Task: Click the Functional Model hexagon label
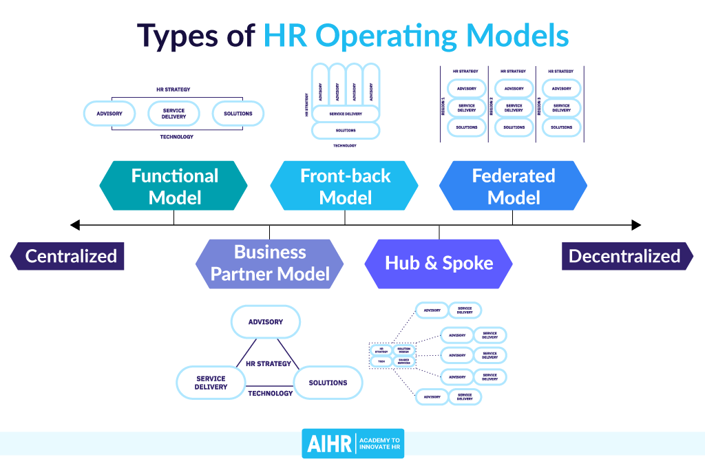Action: [x=173, y=186]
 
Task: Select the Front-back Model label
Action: [x=344, y=186]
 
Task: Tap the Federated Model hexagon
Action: [x=513, y=186]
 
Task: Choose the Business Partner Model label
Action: [x=269, y=263]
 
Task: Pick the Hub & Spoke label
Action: [x=439, y=263]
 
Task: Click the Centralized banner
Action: [x=69, y=256]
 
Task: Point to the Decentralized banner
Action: [x=627, y=256]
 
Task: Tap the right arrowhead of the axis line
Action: [x=636, y=224]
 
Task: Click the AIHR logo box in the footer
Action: [x=328, y=443]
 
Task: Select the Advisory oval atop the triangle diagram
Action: [x=266, y=321]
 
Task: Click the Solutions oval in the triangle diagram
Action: [x=328, y=382]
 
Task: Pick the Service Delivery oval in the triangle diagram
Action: [x=211, y=383]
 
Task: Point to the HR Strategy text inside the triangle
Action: [x=269, y=363]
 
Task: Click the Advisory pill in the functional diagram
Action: [x=109, y=114]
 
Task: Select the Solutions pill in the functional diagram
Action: [x=238, y=114]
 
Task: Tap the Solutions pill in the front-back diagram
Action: [x=346, y=130]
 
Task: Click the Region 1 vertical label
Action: [x=443, y=106]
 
